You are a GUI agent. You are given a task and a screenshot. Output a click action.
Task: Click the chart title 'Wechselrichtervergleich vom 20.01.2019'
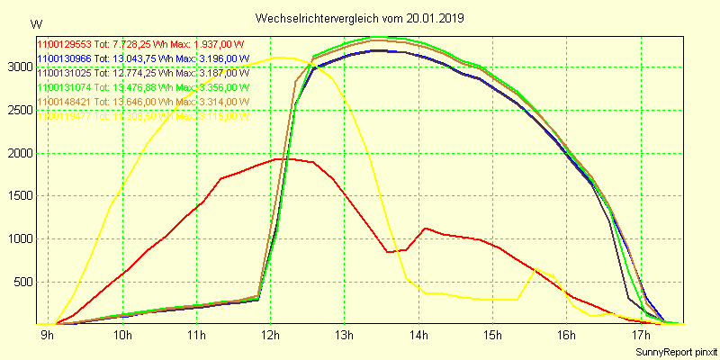[359, 18]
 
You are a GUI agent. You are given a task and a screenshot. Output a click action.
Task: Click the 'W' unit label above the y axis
[35, 23]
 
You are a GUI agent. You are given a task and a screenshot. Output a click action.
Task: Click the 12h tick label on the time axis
[270, 336]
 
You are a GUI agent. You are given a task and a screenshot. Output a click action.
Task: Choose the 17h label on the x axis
[640, 336]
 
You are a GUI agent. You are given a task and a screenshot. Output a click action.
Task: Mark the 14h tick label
[418, 336]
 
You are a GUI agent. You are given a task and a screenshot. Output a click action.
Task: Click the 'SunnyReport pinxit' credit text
[675, 351]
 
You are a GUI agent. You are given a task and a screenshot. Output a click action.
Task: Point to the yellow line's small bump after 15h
[535, 268]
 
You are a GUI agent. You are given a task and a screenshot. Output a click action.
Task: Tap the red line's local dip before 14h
[388, 252]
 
